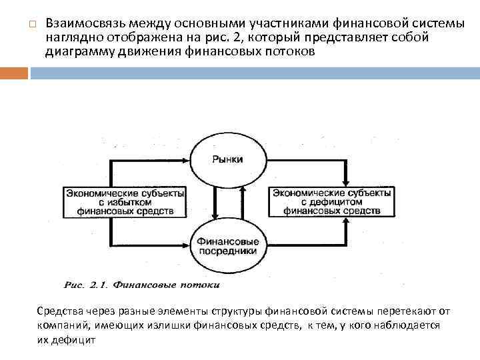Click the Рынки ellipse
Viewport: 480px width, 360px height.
(228, 159)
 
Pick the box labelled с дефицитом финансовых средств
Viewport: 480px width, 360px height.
(332, 202)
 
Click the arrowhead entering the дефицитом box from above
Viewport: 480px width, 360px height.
(345, 181)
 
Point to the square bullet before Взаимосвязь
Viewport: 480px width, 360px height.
(31, 25)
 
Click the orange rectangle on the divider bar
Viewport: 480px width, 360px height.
(14, 72)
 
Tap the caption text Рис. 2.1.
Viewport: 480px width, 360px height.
(87, 285)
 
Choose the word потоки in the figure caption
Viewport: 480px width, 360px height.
(199, 285)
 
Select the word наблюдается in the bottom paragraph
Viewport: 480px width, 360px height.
(409, 325)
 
